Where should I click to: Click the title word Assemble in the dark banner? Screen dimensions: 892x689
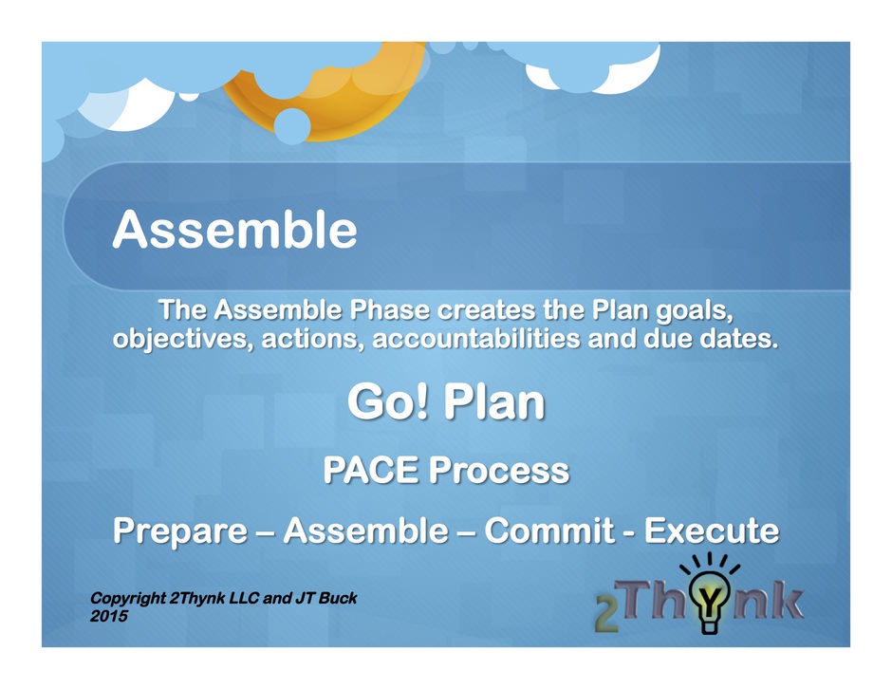(x=234, y=230)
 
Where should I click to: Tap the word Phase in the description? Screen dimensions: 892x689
(x=389, y=310)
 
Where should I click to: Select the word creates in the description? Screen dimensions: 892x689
(x=486, y=310)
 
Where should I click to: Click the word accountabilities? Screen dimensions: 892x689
(x=476, y=339)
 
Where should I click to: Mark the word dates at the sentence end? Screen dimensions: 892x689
(x=738, y=339)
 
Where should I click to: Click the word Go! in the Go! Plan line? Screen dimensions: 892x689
(x=387, y=401)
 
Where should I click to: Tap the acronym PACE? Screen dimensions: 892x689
(x=371, y=470)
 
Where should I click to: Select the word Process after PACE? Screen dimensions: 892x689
(x=499, y=470)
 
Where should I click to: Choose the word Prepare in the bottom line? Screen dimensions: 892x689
(x=179, y=531)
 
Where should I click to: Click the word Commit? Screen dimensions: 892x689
(x=549, y=531)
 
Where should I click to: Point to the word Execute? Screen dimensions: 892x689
(x=711, y=531)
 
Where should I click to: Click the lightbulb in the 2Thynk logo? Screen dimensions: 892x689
(x=710, y=597)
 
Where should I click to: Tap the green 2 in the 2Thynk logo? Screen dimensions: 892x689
(x=606, y=613)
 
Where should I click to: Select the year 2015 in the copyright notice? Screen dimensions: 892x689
(x=109, y=616)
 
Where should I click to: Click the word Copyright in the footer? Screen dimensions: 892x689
(x=128, y=599)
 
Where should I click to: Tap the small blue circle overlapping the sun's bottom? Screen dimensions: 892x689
(x=292, y=126)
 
